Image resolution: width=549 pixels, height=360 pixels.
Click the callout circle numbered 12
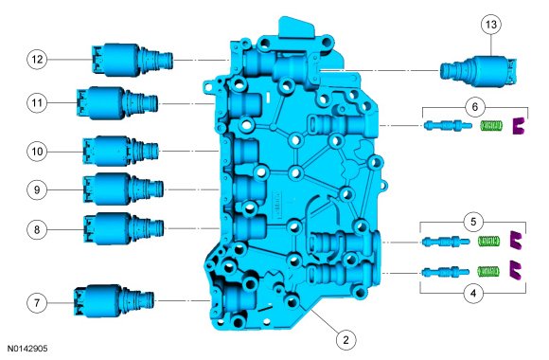tap(37, 60)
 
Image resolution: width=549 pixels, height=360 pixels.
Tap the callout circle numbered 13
tap(491, 25)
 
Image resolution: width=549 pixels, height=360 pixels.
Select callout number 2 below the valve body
tap(345, 340)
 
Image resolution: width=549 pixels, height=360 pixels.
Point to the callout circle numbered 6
tap(475, 106)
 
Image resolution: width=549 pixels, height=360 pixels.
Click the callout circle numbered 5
tap(473, 222)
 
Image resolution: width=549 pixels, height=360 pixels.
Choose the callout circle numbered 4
tap(473, 293)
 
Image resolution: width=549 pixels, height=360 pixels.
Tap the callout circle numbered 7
tap(37, 302)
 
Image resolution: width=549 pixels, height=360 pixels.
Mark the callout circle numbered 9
tap(37, 189)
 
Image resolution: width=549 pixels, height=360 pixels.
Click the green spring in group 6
tap(491, 125)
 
